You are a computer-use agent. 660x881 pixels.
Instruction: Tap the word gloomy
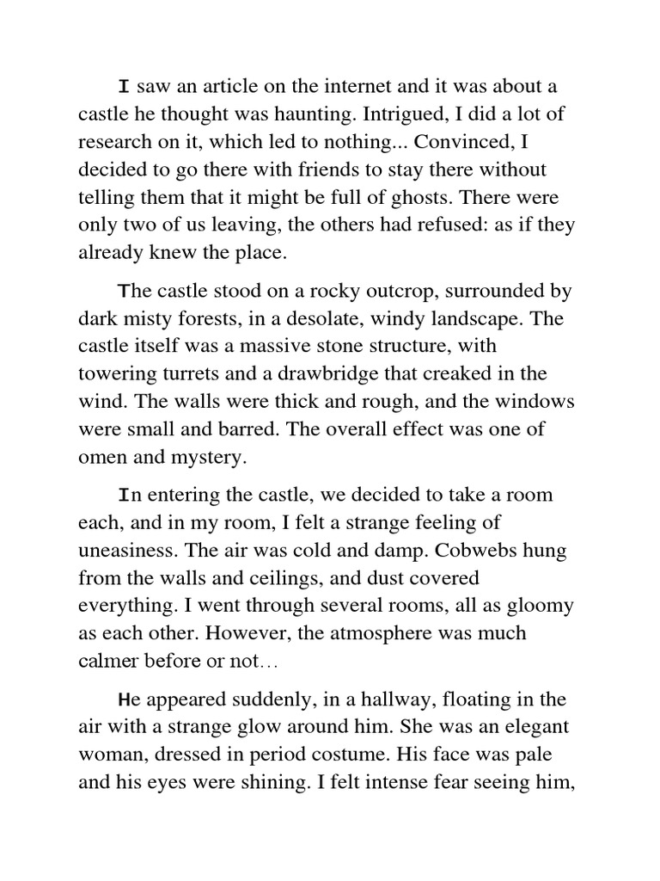540,607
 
